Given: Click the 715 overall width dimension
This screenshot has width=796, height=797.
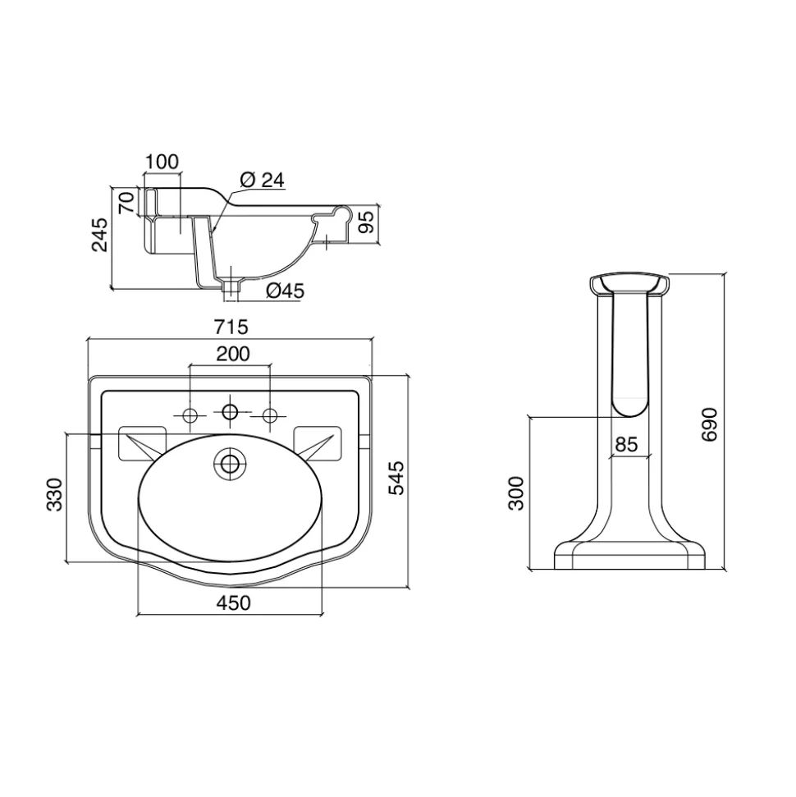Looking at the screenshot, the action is (x=231, y=327).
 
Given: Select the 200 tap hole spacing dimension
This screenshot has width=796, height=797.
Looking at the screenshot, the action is (x=233, y=354).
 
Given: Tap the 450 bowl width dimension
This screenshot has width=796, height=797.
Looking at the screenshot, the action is (x=233, y=602).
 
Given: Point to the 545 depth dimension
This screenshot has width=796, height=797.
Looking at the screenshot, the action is (x=396, y=478).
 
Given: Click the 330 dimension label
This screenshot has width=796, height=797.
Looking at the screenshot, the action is (x=54, y=495).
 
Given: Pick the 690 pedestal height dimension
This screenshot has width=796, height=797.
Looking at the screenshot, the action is (x=709, y=424).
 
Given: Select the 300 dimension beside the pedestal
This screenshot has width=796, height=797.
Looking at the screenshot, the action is (x=516, y=493).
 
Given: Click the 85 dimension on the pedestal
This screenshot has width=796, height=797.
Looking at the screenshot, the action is (x=626, y=444).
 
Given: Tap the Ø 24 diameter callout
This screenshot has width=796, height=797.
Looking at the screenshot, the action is (x=263, y=180).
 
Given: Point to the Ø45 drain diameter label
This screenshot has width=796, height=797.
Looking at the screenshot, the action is (x=285, y=291).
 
